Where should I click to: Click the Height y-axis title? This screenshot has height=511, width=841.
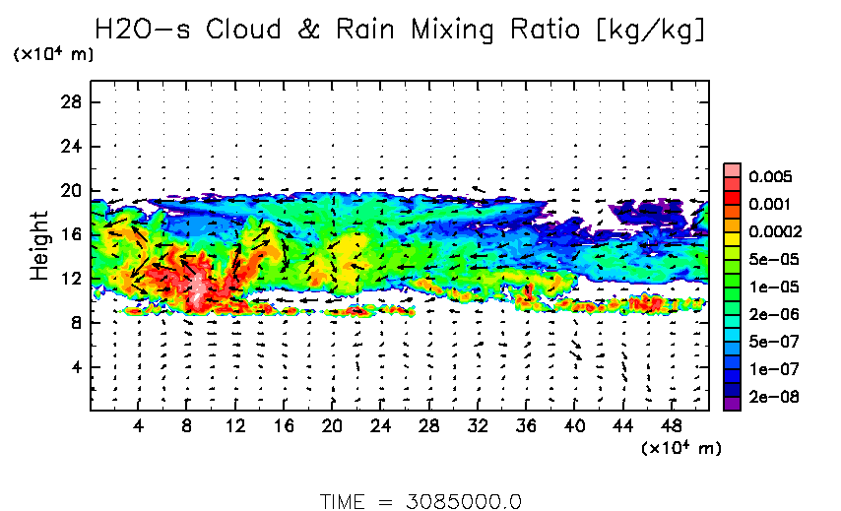39,245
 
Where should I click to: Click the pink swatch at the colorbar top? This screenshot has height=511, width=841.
732,170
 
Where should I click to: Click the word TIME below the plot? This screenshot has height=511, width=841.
344,500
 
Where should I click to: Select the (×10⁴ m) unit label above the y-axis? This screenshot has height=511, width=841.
53,54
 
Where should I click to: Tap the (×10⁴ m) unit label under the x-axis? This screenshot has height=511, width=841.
680,448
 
